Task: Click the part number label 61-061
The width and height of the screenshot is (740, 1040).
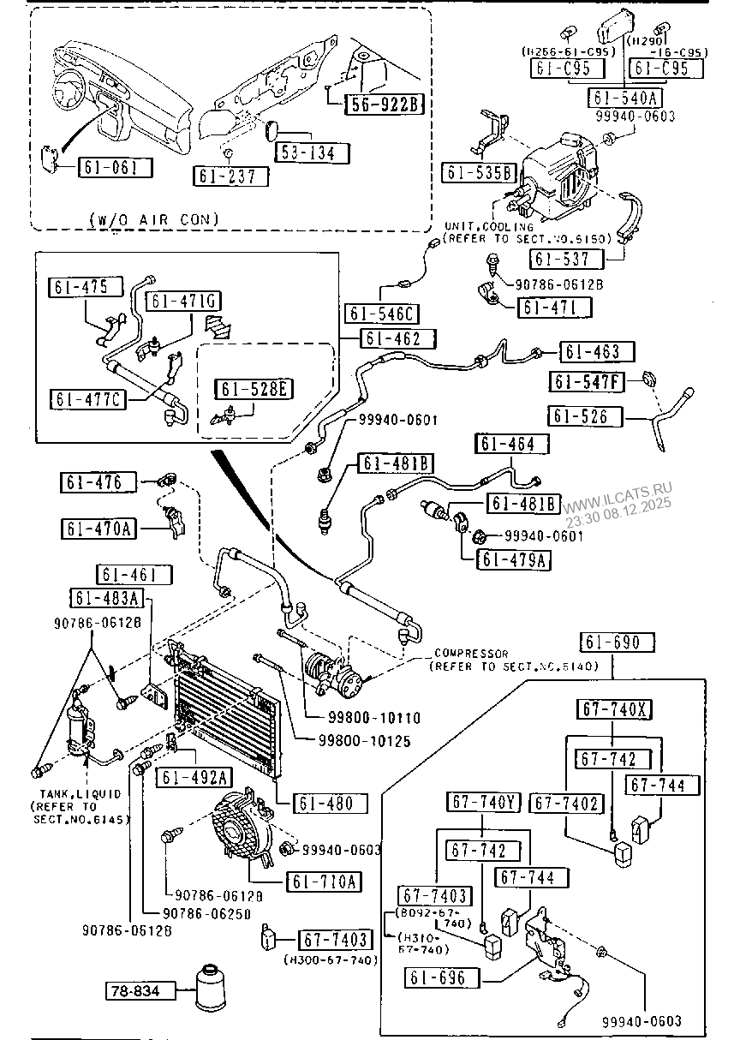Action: click(x=115, y=168)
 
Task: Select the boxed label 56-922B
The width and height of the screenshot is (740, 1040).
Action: click(x=385, y=105)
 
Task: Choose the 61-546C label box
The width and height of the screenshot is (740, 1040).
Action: click(x=382, y=313)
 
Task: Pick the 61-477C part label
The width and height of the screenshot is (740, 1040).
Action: click(x=86, y=399)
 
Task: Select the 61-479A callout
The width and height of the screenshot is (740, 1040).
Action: click(x=515, y=560)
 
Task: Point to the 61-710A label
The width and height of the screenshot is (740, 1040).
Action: click(x=325, y=881)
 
